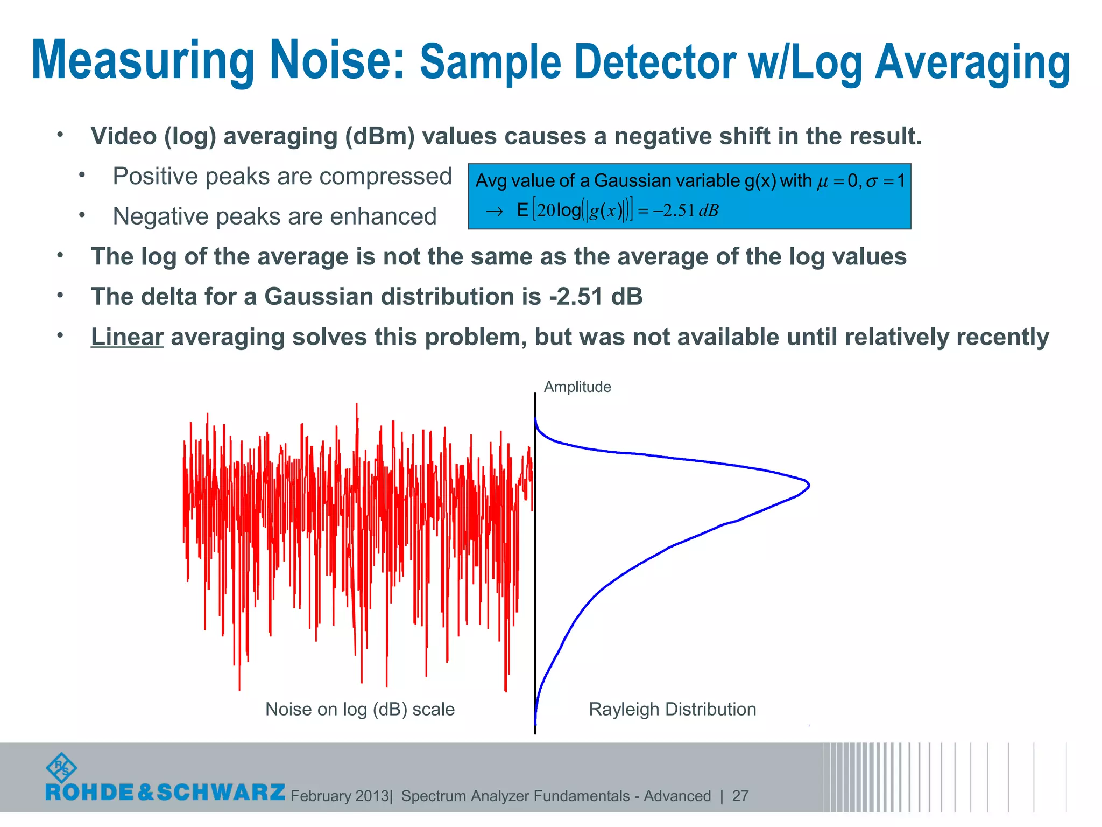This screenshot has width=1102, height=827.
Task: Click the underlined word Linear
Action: pos(127,337)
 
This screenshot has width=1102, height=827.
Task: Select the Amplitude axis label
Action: pos(577,387)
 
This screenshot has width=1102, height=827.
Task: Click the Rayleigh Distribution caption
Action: pos(672,709)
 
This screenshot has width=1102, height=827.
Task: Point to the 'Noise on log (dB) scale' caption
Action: pos(360,709)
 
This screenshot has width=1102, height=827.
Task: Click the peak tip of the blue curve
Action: pos(808,485)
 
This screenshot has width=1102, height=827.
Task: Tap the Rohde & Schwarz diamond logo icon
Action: pos(61,768)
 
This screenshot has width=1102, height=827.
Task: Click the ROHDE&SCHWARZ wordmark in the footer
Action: pos(165,792)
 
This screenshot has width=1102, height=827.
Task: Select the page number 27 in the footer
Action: pos(740,796)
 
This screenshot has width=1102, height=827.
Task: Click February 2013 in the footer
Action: pos(340,796)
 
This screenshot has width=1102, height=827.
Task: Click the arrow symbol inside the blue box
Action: pos(494,211)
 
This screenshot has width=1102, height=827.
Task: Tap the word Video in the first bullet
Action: pos(124,136)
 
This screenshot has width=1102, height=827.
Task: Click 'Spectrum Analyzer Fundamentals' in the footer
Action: pos(515,796)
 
